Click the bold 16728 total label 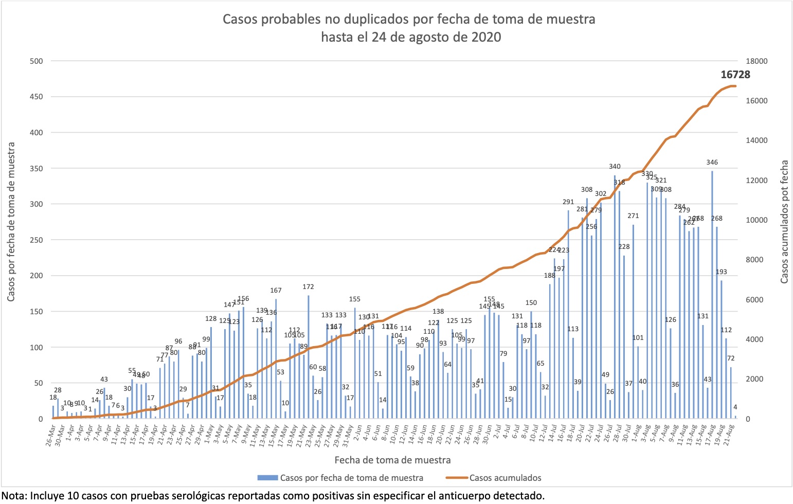coord(735,75)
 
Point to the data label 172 coord(308,287)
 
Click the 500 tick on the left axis coord(37,61)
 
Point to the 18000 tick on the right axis coord(756,61)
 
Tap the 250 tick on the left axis coord(37,240)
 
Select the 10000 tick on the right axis coord(756,220)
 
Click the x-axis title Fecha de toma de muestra coord(392,460)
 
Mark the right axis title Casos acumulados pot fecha coord(784,222)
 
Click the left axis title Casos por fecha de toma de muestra coord(11,222)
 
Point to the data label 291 coord(568,202)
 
